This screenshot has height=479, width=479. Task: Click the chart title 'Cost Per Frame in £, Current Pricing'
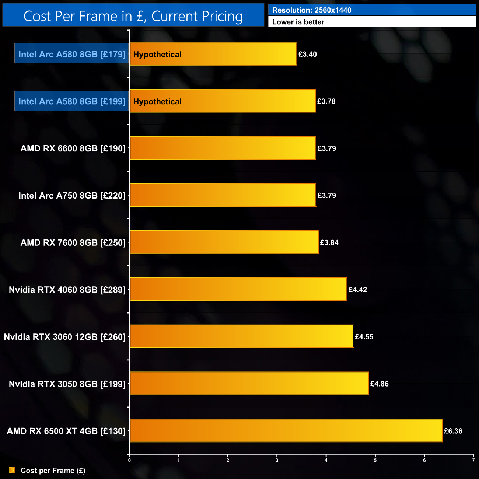click(x=133, y=16)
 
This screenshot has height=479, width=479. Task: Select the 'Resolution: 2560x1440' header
click(x=312, y=10)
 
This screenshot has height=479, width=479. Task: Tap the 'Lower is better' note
click(x=298, y=22)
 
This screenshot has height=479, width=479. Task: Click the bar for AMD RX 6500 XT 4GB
click(x=286, y=430)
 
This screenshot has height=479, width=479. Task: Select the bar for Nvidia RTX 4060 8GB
click(x=238, y=289)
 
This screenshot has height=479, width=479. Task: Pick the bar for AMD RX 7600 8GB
click(x=224, y=242)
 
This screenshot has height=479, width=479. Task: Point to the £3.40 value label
click(x=308, y=54)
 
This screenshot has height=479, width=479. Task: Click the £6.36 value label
click(x=453, y=431)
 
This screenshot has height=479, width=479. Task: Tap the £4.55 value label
click(x=364, y=337)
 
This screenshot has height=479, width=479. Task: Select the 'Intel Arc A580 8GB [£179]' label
click(x=72, y=54)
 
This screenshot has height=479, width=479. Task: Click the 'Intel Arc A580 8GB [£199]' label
click(x=72, y=101)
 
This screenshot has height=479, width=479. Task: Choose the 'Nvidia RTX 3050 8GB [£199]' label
click(x=67, y=384)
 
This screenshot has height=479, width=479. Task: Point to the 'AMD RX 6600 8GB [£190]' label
click(x=73, y=148)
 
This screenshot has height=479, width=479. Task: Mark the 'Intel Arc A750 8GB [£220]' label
click(x=72, y=196)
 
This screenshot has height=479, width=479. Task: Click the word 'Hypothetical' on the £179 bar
click(x=157, y=55)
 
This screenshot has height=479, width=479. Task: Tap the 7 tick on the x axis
click(x=473, y=460)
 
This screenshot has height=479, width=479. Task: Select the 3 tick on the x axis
click(x=277, y=460)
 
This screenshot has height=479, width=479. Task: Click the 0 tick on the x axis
click(x=129, y=460)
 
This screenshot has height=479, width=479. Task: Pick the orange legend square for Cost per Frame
click(x=12, y=470)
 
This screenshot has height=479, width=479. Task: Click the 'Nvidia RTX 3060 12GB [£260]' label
click(x=64, y=337)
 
